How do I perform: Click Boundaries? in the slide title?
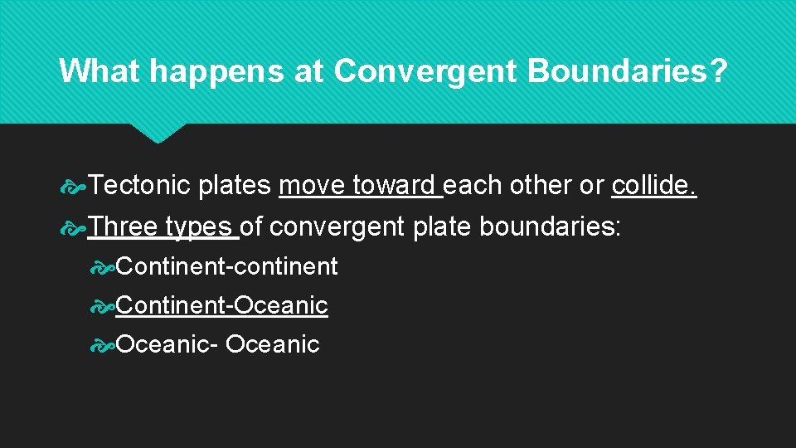coord(627,71)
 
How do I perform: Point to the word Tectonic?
coord(139,187)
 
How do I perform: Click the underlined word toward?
coord(394,187)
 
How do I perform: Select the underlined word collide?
coord(653,187)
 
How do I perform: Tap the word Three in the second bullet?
coord(123,226)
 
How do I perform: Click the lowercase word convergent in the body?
coord(337,226)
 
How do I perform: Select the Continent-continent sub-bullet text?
coord(226,266)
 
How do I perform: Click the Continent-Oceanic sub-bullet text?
coord(221,305)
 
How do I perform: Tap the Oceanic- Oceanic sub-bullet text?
coord(217,343)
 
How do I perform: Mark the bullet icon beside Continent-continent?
coord(103,267)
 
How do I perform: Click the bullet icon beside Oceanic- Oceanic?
coord(103,344)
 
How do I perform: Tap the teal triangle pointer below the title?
coord(158,132)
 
